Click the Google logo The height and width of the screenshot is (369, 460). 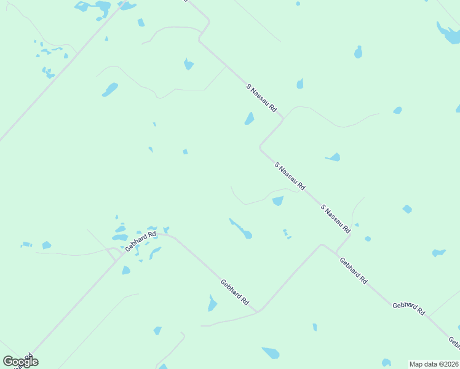(20, 361)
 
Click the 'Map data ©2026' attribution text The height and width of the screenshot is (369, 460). (434, 363)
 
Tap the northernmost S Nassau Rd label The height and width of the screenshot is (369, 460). (261, 97)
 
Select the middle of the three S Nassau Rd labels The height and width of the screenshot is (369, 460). (290, 176)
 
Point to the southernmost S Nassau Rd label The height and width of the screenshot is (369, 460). (335, 218)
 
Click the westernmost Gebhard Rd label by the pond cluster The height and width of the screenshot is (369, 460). (141, 240)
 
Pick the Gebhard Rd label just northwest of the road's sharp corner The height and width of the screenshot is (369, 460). (234, 292)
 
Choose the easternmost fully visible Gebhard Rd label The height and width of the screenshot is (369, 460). (409, 308)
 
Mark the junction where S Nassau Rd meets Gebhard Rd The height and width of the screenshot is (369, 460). (336, 252)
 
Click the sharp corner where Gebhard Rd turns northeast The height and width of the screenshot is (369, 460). (258, 311)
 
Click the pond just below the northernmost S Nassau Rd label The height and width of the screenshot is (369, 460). (249, 118)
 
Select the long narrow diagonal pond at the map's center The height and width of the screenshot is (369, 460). (240, 228)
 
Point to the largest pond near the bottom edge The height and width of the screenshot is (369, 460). (271, 353)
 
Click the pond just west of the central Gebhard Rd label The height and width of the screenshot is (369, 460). (212, 304)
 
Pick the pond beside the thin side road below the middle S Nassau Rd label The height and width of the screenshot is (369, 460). (278, 200)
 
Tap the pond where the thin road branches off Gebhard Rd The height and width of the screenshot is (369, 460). (166, 230)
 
